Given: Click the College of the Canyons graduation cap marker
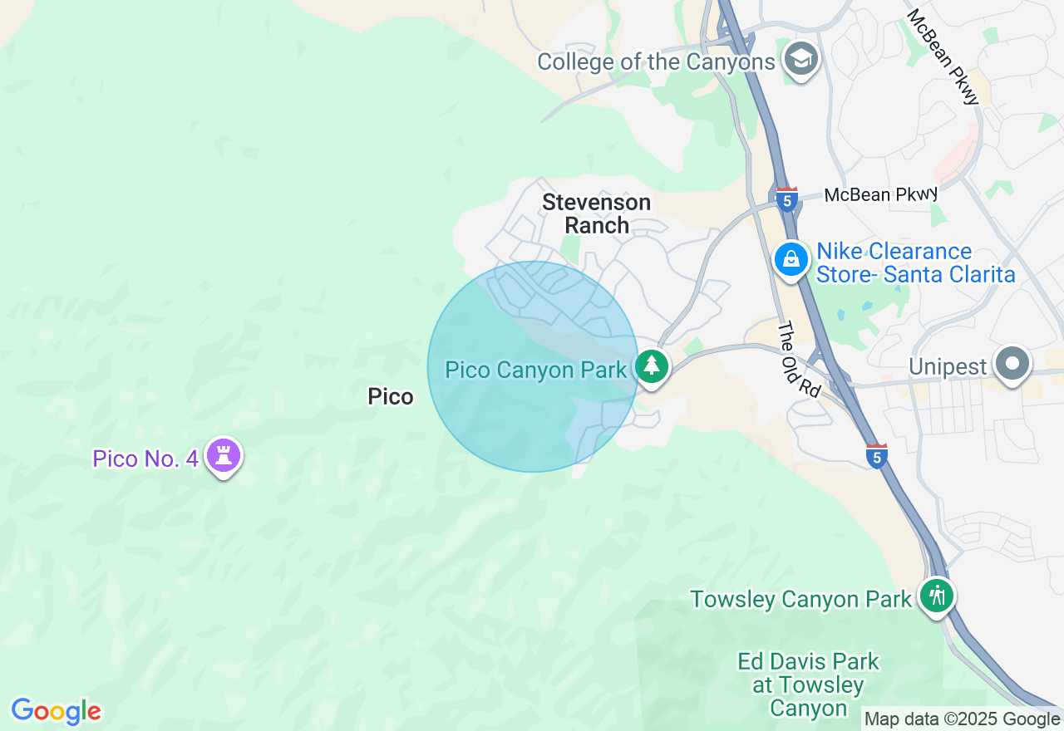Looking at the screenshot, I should [x=802, y=59].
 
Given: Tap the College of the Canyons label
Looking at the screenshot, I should [x=656, y=62].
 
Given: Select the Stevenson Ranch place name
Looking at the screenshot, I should [x=596, y=213].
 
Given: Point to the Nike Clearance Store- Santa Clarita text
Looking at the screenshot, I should [x=914, y=262].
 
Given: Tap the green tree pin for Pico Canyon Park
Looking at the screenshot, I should [x=652, y=366].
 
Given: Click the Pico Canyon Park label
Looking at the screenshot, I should [x=535, y=370].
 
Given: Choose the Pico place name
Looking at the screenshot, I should [x=391, y=397].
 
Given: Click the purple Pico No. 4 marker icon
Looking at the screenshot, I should [x=223, y=455].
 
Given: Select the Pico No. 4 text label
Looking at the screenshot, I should [x=145, y=459].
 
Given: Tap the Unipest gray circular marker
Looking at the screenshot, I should [x=1012, y=364].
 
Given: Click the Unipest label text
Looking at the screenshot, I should [x=947, y=366].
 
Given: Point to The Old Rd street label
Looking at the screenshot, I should [x=799, y=359].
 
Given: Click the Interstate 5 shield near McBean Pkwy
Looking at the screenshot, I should [x=786, y=199].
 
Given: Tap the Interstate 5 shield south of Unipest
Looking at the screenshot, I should [x=876, y=456].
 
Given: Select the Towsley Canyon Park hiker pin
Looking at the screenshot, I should [x=937, y=596].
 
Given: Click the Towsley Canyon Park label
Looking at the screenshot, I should [x=800, y=599].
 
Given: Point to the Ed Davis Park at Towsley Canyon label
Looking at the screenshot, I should [x=808, y=684].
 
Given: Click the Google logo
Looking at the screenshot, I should [x=56, y=711].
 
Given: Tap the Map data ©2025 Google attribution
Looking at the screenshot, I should [x=962, y=719].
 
